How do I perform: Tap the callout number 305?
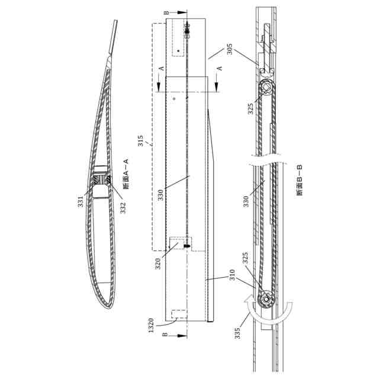click(x=229, y=48)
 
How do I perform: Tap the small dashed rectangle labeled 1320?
click(x=177, y=316)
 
